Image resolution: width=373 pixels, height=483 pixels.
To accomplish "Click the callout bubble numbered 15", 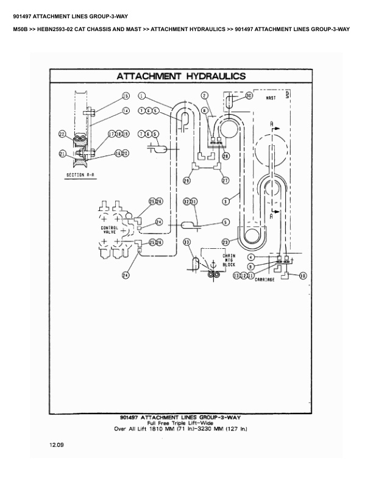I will [126, 96].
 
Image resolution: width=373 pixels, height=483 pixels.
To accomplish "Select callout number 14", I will [126, 111].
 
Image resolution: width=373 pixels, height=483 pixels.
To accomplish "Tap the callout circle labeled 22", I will [62, 134].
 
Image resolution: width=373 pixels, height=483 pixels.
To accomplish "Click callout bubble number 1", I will [141, 96].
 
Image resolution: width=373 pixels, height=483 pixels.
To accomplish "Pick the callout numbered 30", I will [249, 96].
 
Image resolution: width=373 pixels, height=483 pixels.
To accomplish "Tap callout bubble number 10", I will [303, 276].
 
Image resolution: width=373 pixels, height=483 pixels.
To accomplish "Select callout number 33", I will [187, 243].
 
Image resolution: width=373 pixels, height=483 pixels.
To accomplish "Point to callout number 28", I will [226, 156].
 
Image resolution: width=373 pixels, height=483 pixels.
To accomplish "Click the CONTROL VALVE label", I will [109, 230].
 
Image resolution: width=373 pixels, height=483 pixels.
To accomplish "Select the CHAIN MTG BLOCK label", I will [229, 260].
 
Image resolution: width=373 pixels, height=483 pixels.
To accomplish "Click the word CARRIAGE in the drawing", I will [265, 279].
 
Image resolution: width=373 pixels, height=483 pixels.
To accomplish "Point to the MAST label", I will [271, 98].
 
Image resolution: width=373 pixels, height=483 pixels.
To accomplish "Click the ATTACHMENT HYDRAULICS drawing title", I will [181, 76].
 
